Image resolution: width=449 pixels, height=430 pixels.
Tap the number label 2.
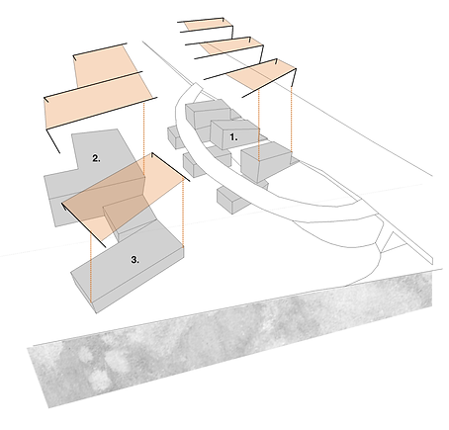click(97, 158)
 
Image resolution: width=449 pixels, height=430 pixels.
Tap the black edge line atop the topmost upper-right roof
click(210, 19)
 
